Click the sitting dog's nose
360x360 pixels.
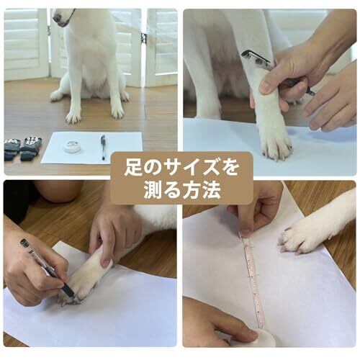coord(55,17)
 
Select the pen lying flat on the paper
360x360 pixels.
coord(103,147)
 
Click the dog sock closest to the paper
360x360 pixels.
coord(31,148)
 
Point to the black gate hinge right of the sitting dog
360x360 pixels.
coord(144,38)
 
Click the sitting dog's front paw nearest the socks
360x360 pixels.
coord(73,117)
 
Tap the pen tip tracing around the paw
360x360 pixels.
coord(77,299)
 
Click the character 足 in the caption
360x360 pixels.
coord(133,168)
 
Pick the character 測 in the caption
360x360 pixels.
coord(153,191)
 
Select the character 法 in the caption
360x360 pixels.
coord(211,191)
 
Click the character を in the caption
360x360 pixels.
coord(229,168)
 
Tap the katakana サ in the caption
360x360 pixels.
coord(172,168)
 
